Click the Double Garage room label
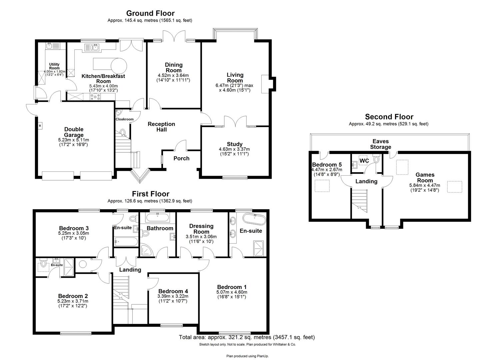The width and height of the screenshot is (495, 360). tap(74, 132)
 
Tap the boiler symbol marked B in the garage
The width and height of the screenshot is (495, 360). tap(40, 126)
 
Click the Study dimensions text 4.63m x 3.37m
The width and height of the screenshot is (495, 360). tap(234, 149)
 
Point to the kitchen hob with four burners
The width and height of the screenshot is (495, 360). tap(95, 97)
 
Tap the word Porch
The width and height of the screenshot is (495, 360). tap(181, 158)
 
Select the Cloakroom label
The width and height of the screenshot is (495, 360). tap(124, 119)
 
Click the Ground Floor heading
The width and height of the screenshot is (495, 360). tap(150, 13)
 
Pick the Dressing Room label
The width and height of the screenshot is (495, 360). tap(201, 229)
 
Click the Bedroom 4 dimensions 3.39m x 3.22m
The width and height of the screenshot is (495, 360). tap(173, 296)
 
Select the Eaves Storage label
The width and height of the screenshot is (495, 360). tap(380, 144)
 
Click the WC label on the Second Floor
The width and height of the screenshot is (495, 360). tap(364, 161)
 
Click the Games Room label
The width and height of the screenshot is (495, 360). tap(425, 177)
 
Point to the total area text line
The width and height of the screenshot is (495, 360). tap(247, 337)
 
